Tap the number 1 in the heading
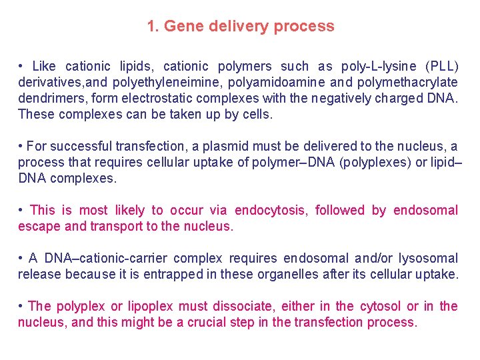(151, 27)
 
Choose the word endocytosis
(267, 210)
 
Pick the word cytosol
(379, 306)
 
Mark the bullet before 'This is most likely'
(22, 210)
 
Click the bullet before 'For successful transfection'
(22, 146)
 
